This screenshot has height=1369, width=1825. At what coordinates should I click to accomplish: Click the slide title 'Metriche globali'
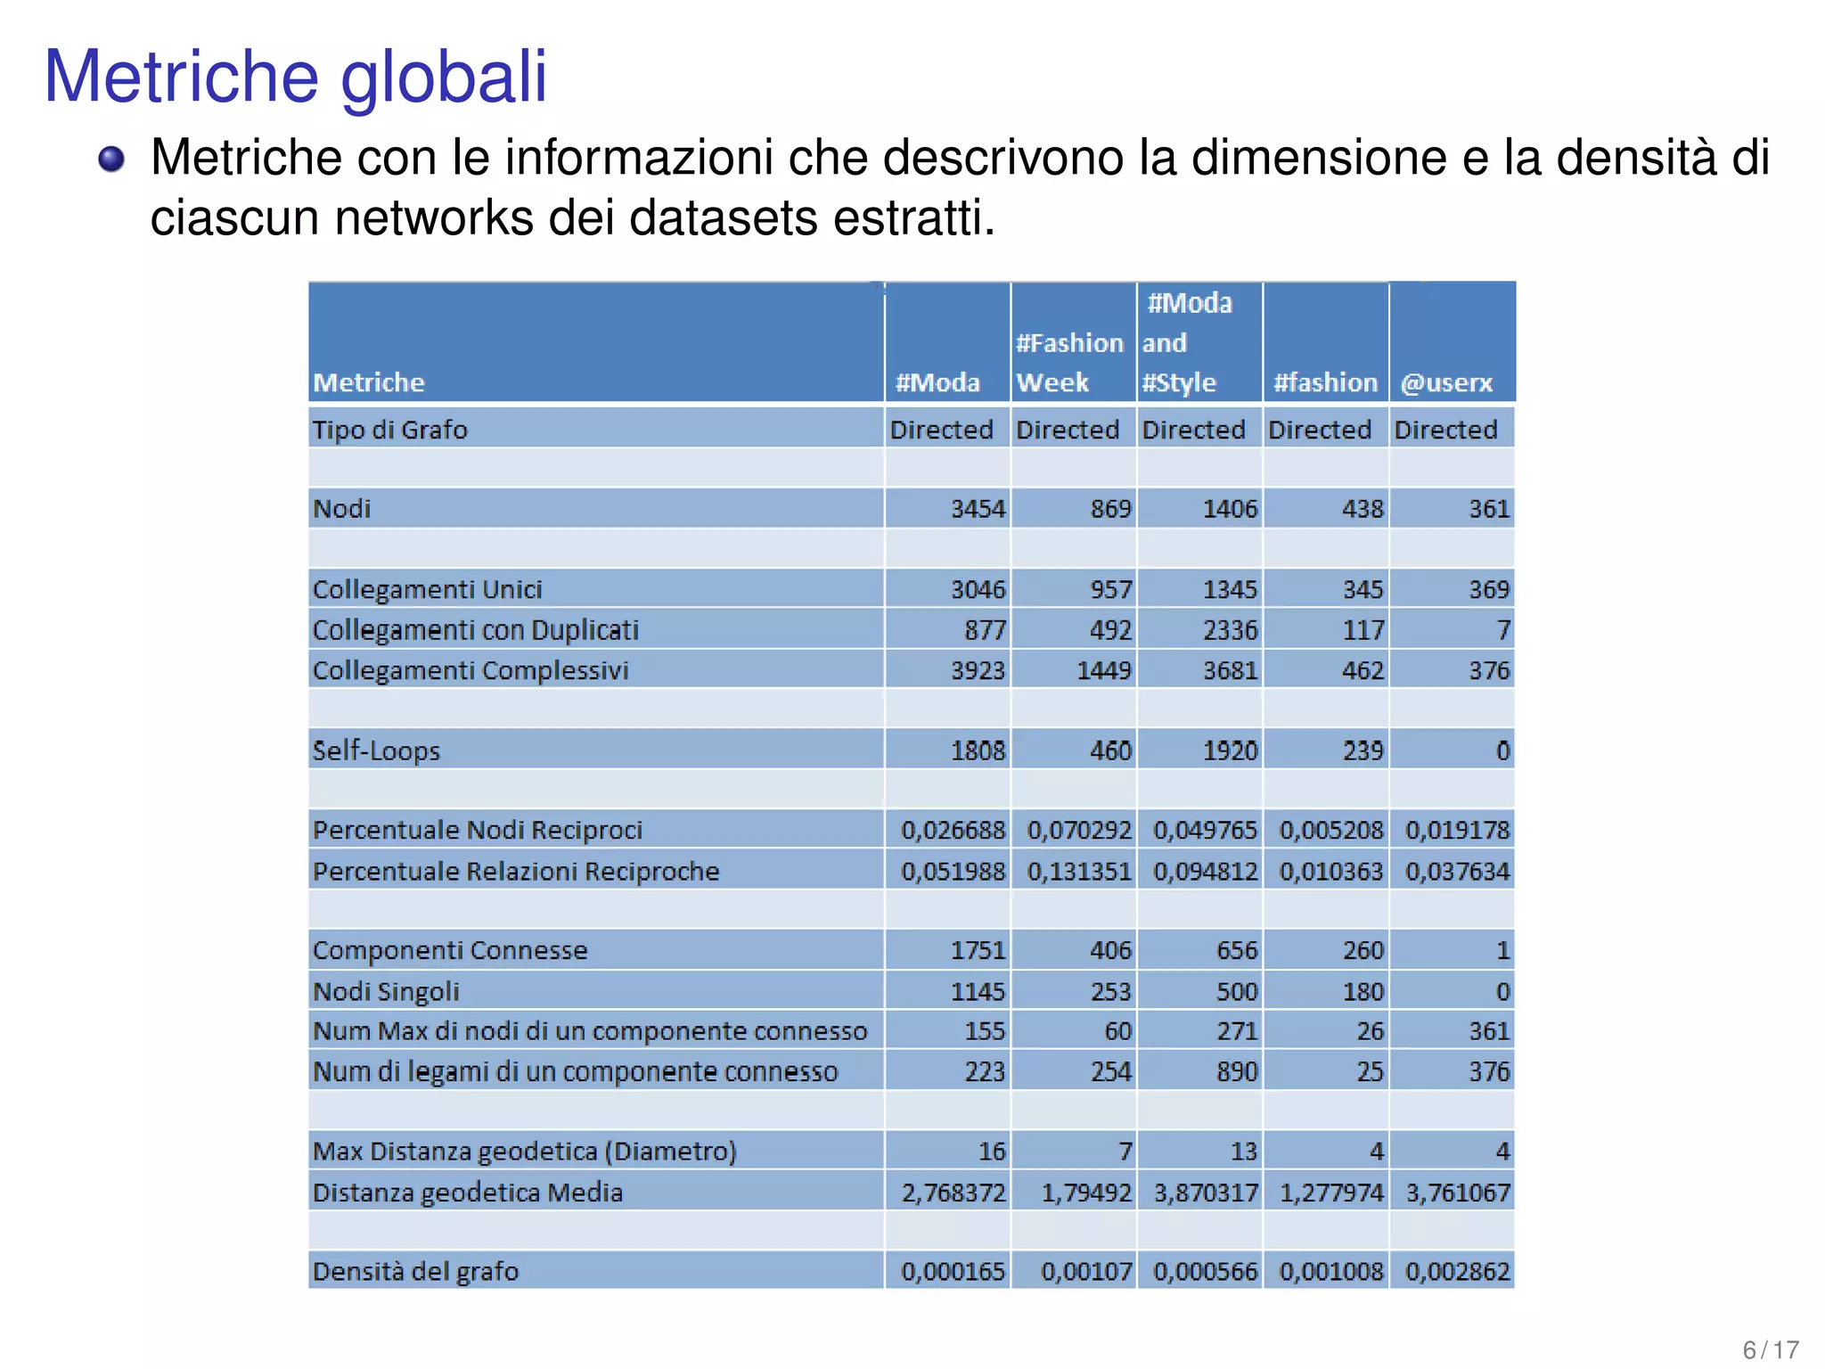click(x=295, y=77)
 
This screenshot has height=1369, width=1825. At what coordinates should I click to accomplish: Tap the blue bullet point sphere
click(x=111, y=160)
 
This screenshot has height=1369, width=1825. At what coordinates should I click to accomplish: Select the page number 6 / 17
click(x=1770, y=1349)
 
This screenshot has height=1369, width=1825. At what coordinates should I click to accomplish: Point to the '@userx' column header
click(x=1445, y=383)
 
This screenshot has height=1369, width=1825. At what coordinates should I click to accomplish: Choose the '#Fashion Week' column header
click(x=1069, y=363)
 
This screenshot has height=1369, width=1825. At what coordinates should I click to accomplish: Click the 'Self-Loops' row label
click(x=376, y=750)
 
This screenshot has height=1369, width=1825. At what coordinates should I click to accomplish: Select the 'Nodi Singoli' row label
click(x=386, y=991)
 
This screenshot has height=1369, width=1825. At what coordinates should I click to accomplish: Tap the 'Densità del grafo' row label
click(x=415, y=1271)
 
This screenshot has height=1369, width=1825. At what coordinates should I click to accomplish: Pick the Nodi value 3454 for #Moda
click(x=978, y=509)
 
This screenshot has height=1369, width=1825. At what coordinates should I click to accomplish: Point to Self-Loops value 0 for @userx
click(x=1502, y=750)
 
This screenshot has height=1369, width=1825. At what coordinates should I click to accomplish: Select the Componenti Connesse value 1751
click(x=978, y=950)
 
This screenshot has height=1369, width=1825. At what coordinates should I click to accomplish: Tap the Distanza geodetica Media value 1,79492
click(x=1086, y=1193)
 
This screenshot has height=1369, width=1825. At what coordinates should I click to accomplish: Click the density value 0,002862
click(x=1457, y=1271)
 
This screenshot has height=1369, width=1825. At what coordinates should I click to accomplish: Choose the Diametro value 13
click(x=1243, y=1152)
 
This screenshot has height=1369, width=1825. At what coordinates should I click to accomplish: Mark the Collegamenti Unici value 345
click(x=1363, y=589)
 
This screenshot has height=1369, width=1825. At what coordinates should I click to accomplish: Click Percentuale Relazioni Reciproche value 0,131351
click(x=1079, y=871)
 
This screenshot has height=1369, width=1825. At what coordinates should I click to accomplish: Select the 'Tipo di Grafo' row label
click(x=389, y=430)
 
